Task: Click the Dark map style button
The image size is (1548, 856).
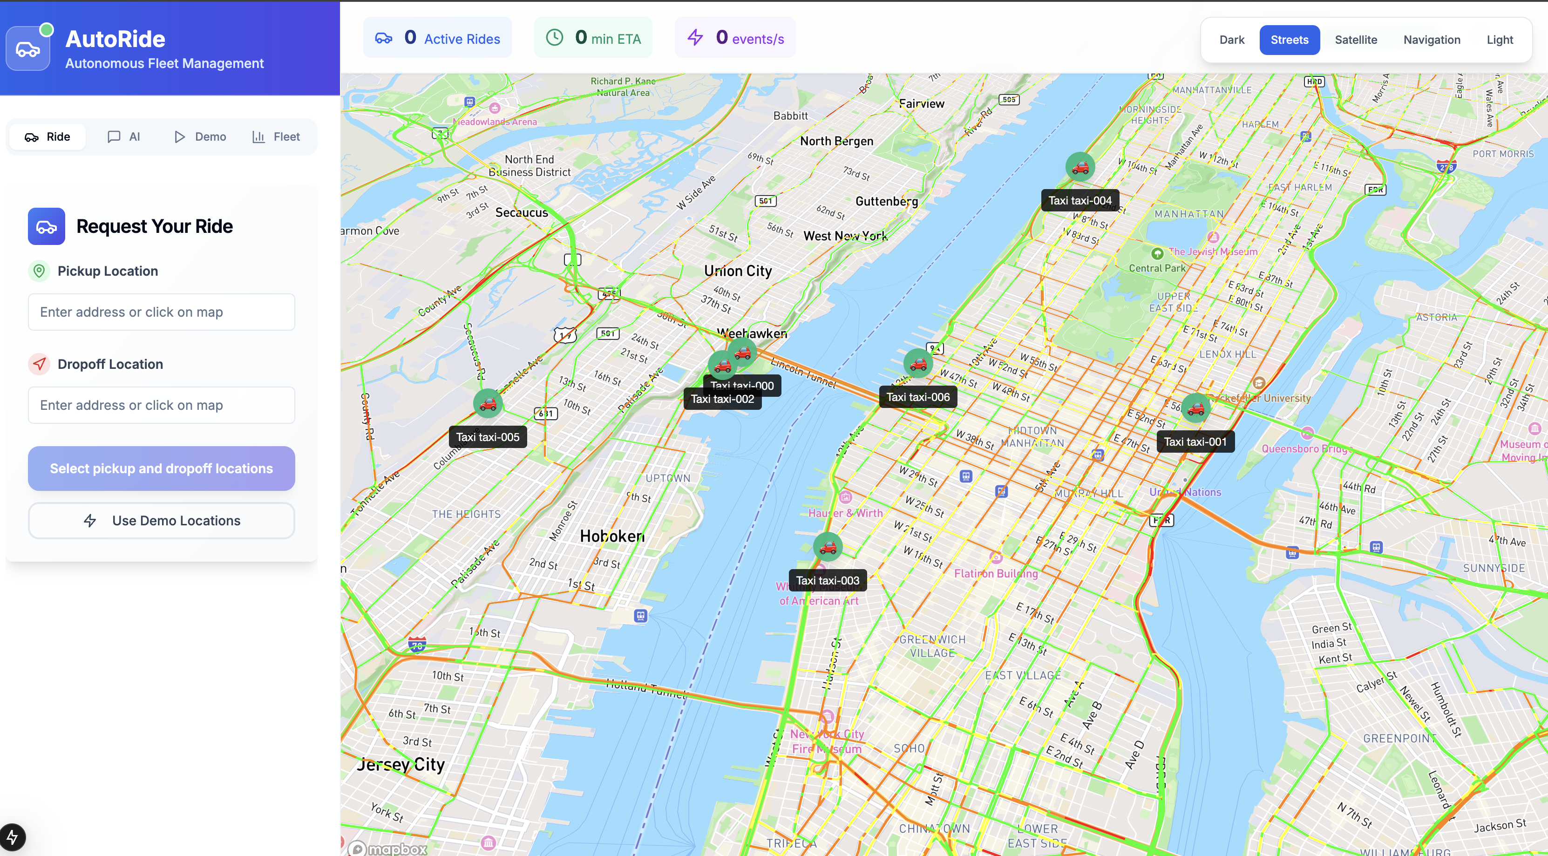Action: [1231, 40]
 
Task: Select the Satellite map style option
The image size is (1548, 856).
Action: [1356, 40]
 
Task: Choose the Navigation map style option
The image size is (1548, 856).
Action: [1432, 40]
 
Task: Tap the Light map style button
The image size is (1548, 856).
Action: [1499, 40]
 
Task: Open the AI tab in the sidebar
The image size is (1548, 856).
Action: [124, 136]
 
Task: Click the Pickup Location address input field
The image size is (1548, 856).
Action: [161, 312]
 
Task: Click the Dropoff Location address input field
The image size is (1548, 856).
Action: [161, 405]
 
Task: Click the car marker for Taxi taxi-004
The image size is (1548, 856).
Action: [1080, 167]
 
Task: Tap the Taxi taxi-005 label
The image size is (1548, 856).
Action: [487, 437]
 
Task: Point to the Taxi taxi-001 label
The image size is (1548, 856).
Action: [1195, 442]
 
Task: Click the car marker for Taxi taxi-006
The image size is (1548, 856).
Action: [917, 364]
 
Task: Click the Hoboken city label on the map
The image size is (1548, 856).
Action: [612, 536]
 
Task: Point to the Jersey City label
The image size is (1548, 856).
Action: [401, 765]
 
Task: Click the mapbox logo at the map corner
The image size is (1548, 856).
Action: [389, 848]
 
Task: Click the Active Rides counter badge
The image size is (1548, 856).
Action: [437, 38]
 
